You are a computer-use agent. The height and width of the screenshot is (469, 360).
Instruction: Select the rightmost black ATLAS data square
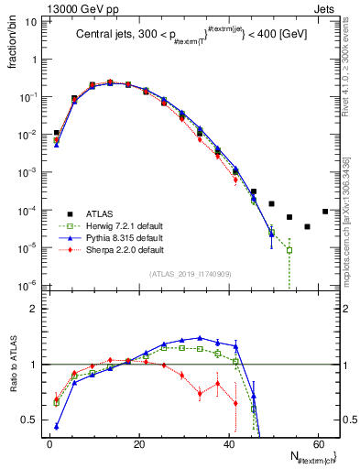325,211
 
